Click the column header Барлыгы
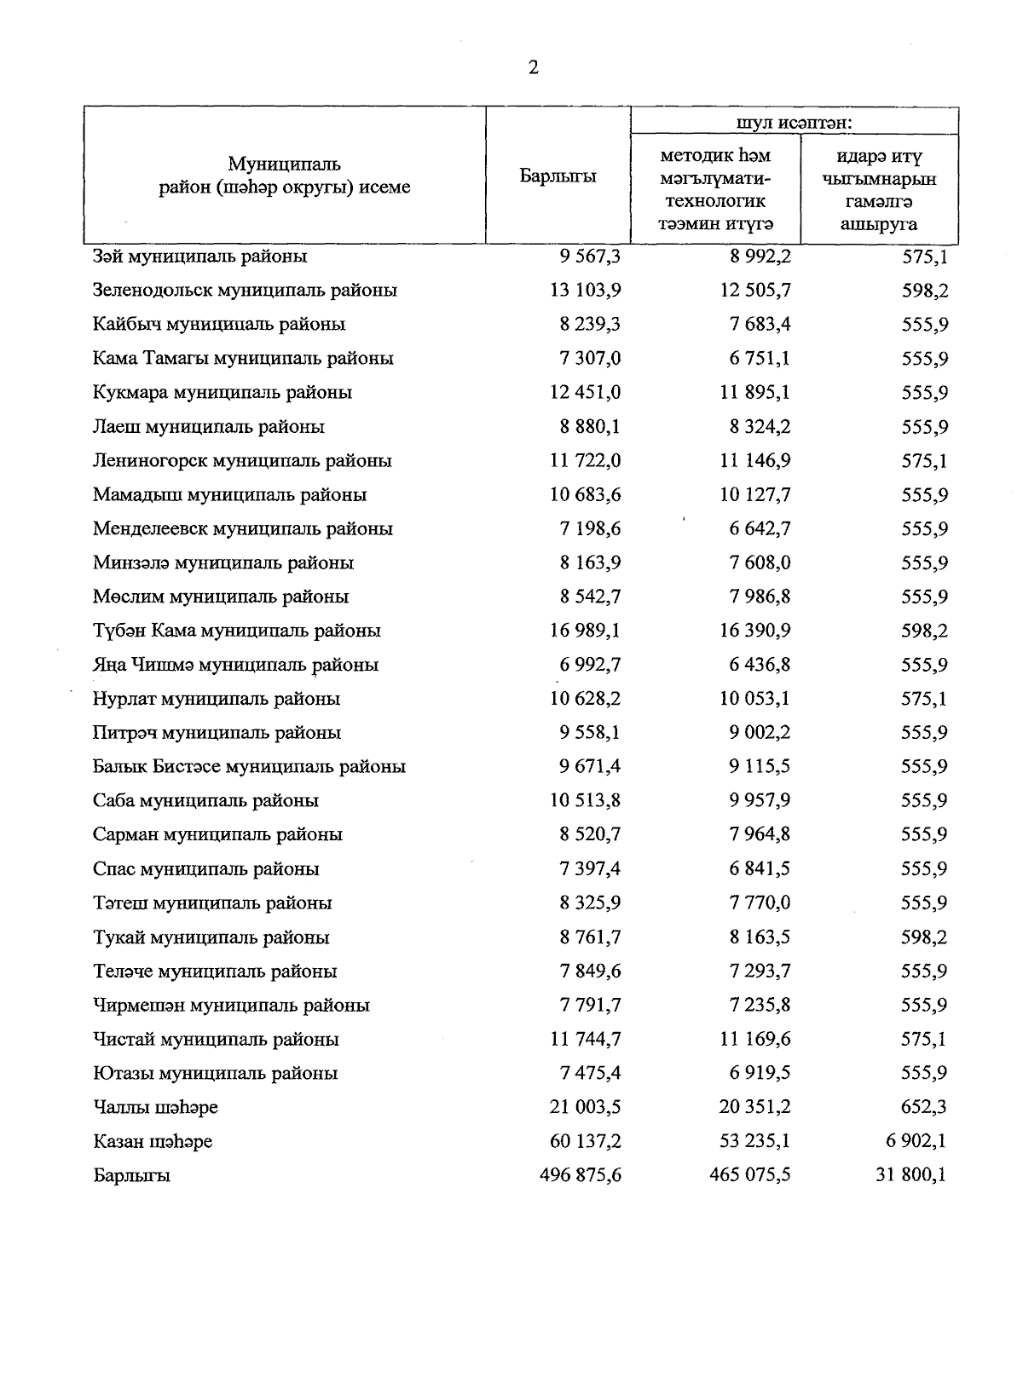[x=558, y=176]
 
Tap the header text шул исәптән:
[x=795, y=122]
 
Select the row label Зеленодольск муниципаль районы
[x=245, y=291]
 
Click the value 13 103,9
[x=585, y=291]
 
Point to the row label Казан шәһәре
[x=153, y=1141]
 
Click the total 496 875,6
[x=581, y=1175]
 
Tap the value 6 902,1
[x=916, y=1141]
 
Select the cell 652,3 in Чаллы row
[x=924, y=1107]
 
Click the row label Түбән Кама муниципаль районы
[x=236, y=631]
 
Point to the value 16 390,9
[x=754, y=631]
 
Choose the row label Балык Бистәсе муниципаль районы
[x=249, y=767]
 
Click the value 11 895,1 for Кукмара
[x=754, y=393]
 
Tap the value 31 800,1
[x=911, y=1175]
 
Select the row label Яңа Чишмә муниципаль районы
[x=235, y=665]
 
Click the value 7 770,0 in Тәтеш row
[x=759, y=903]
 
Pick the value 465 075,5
[x=750, y=1175]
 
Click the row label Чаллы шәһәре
[x=155, y=1108]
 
